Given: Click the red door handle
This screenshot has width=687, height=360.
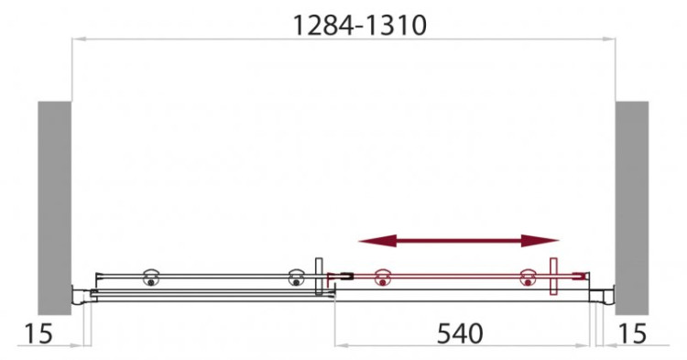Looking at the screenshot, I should point(553,277).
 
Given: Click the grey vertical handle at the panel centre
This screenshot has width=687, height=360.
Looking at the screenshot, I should point(317,277).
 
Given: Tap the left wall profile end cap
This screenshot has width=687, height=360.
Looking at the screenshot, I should point(81,294).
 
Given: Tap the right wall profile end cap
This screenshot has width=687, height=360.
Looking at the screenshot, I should point(605,294).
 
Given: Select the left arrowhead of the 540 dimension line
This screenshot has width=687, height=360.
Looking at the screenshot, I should point(338,346).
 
